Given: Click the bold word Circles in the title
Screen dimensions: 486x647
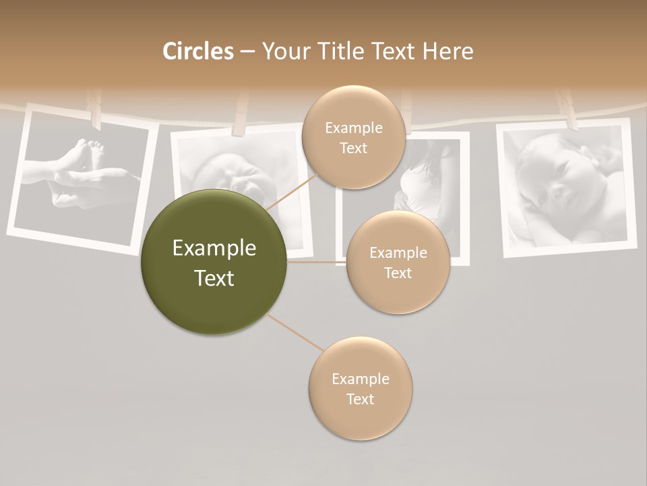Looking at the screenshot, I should click(x=198, y=51).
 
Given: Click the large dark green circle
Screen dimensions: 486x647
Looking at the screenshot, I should click(x=214, y=263).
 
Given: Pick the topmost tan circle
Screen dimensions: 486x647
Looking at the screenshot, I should click(x=354, y=137).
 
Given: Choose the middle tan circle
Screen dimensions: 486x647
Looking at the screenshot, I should click(x=398, y=263).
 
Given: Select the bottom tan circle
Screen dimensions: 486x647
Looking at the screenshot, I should click(x=360, y=389).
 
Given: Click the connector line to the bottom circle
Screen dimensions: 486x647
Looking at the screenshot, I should click(x=295, y=333).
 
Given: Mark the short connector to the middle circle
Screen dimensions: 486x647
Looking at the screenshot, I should click(x=317, y=263).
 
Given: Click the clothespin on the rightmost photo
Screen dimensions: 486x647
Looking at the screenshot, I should click(x=568, y=111).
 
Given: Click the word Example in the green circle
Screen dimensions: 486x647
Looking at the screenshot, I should click(x=214, y=248).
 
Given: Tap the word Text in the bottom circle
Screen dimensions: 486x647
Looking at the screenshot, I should click(x=360, y=399).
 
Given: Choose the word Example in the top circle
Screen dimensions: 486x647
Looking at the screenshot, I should click(x=354, y=128).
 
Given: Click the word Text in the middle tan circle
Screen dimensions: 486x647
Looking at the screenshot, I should click(x=398, y=273).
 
